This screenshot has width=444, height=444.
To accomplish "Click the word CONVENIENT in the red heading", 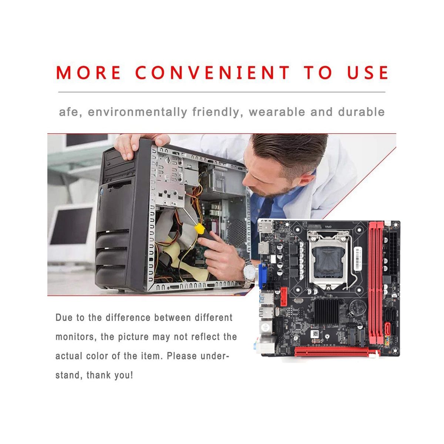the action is tap(212, 73).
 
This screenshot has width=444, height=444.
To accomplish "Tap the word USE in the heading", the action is tap(367, 73).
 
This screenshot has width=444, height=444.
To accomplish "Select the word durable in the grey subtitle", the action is tap(361, 112).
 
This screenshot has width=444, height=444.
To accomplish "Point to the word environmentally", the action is tap(138, 112).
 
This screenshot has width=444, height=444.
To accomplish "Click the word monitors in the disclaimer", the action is tap(75, 337).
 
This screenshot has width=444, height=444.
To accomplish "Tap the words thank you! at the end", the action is tap(110, 375).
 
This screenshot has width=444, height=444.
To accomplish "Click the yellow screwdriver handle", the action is tap(199, 228).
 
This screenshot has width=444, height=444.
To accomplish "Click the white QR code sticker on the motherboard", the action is tap(315, 333).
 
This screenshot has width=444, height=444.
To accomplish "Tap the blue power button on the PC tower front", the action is tap(101, 191).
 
